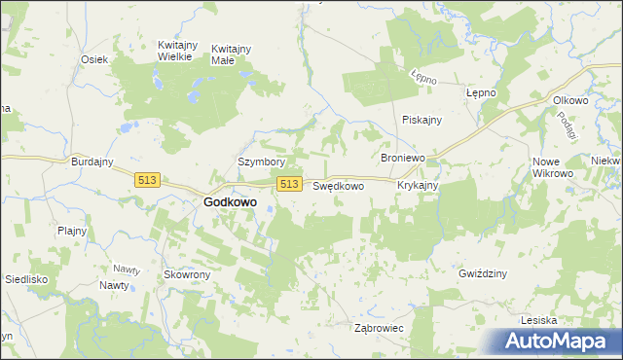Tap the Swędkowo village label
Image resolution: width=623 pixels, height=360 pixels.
coord(338,185)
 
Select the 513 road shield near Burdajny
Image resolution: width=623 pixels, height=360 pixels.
coord(148,180)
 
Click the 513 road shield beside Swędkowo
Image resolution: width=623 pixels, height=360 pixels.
coord(288,184)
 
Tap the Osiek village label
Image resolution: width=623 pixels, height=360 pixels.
coord(93,59)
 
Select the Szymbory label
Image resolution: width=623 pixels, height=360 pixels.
coord(261,162)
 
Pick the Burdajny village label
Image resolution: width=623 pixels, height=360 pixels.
coord(93,162)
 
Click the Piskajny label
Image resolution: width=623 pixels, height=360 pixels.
coord(422,120)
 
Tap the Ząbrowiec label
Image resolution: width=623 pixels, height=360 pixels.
coord(379,329)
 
